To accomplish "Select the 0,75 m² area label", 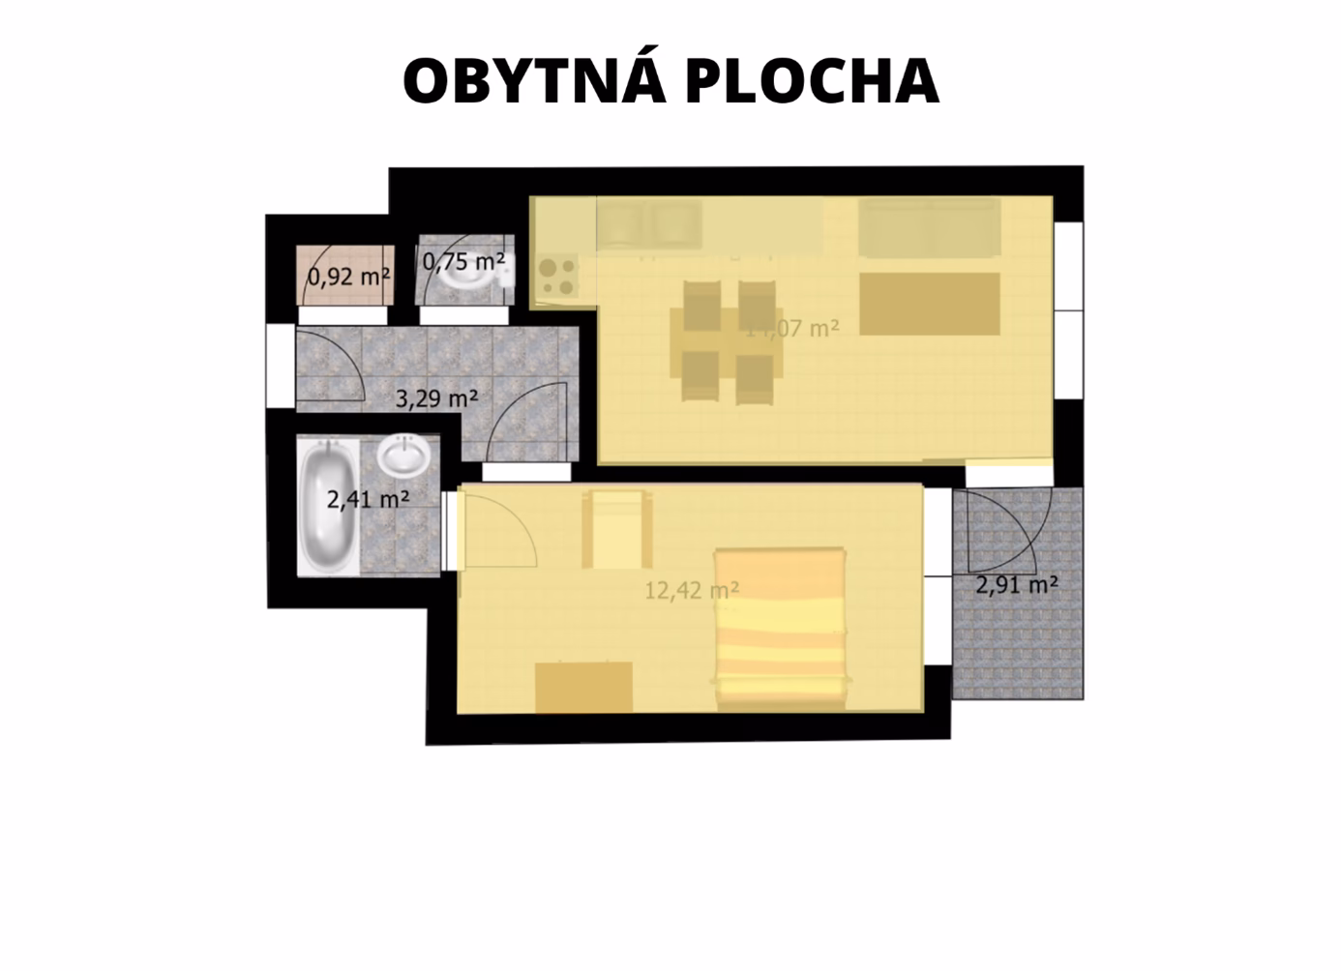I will tap(463, 261).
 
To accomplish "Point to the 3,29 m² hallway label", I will tap(437, 397).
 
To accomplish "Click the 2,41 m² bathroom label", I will tap(368, 500).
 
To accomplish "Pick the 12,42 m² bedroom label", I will tap(692, 589).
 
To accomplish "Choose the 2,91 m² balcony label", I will tap(1016, 584).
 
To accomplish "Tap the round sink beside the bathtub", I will tap(402, 455).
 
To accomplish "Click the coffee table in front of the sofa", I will tap(929, 304).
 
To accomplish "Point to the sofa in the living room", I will tap(928, 228).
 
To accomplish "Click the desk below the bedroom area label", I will tap(583, 687).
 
